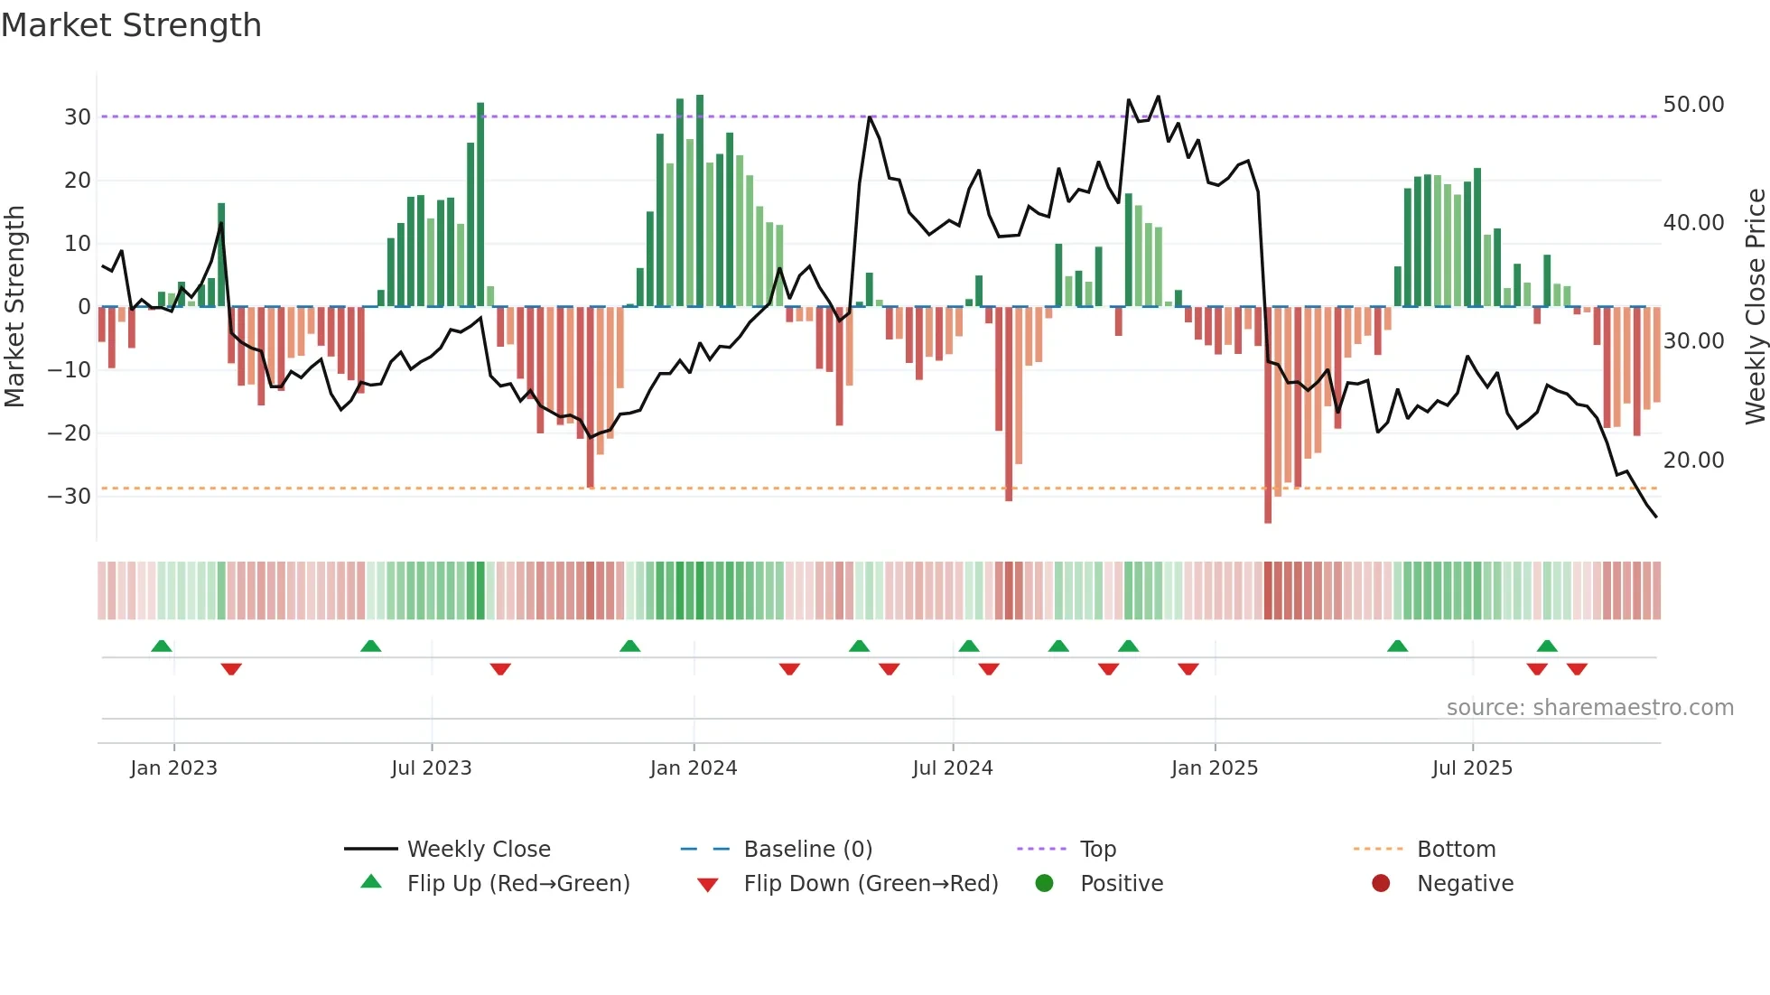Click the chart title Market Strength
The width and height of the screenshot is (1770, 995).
131,25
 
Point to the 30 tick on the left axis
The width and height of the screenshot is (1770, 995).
77,117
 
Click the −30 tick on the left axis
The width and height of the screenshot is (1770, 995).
70,497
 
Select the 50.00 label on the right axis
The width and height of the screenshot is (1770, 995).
1693,105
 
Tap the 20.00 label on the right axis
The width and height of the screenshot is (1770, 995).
1693,460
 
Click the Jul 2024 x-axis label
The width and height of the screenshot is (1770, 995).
952,768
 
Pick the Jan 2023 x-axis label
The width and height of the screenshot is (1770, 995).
173,768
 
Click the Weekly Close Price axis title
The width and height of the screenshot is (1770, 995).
1755,307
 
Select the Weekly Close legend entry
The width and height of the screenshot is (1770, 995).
478,850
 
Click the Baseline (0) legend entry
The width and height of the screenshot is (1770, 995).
807,850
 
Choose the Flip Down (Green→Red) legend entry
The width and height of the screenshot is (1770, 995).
871,884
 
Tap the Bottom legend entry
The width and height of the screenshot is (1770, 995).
1456,850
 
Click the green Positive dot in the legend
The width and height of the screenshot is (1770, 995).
1045,884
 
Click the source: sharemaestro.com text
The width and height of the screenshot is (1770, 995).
1589,708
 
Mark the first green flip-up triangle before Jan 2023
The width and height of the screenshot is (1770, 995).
162,646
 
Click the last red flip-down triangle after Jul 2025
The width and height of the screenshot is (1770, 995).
1577,669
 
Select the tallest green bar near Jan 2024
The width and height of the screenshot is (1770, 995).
700,200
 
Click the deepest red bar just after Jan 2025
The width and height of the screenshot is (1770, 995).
1268,415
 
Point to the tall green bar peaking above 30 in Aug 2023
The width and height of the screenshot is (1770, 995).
480,205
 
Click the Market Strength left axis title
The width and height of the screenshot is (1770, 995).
15,307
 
